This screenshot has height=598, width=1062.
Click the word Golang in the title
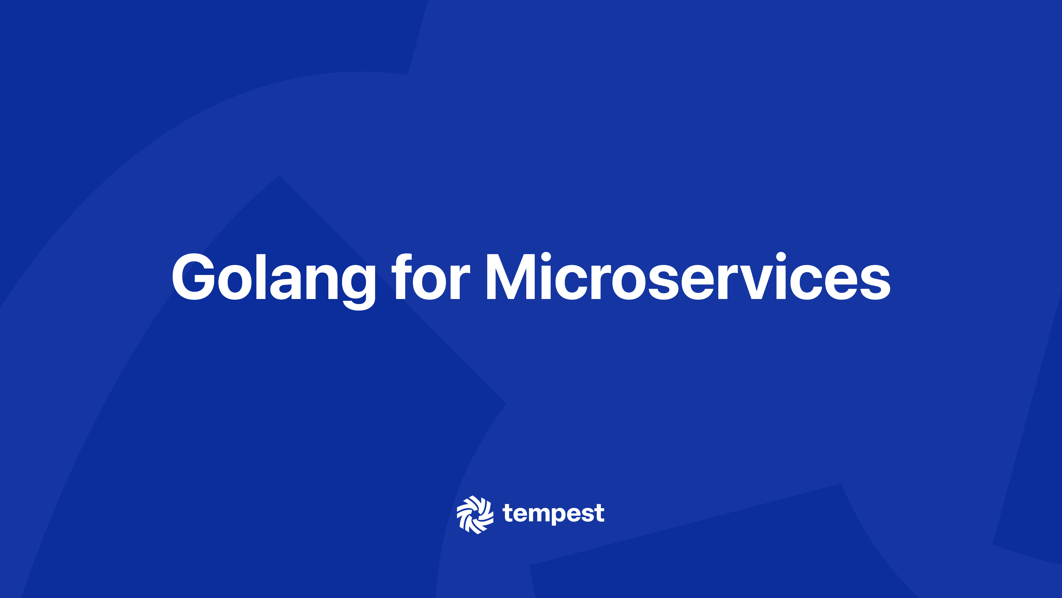(273, 277)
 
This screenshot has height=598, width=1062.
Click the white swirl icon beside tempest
(475, 514)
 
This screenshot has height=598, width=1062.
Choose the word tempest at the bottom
(553, 514)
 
